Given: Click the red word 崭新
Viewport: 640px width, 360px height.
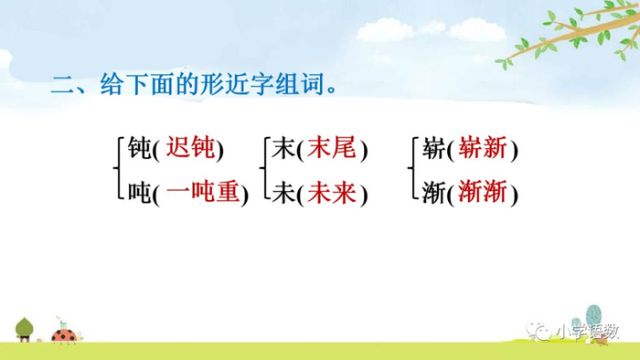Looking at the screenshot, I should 485,147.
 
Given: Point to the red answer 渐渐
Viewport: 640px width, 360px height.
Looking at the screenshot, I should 485,192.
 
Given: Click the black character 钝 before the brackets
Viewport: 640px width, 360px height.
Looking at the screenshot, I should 140,148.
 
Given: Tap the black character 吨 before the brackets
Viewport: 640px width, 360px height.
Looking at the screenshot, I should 140,192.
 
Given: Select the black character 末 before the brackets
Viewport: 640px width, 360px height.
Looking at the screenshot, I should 282,148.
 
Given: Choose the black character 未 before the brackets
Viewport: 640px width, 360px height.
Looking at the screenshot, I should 282,192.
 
